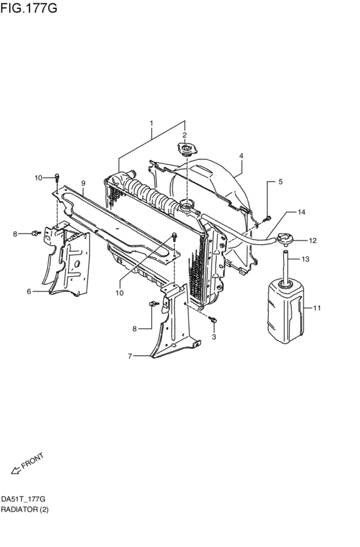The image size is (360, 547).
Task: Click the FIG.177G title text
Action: tap(29, 8)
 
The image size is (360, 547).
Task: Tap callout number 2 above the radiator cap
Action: tap(184, 135)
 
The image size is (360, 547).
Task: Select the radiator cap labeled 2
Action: tap(188, 148)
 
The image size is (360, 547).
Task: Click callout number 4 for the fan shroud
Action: tap(240, 156)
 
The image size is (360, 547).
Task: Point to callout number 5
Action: tap(280, 182)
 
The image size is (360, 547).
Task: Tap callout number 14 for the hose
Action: tap(301, 211)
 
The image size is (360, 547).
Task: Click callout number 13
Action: tap(305, 259)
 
